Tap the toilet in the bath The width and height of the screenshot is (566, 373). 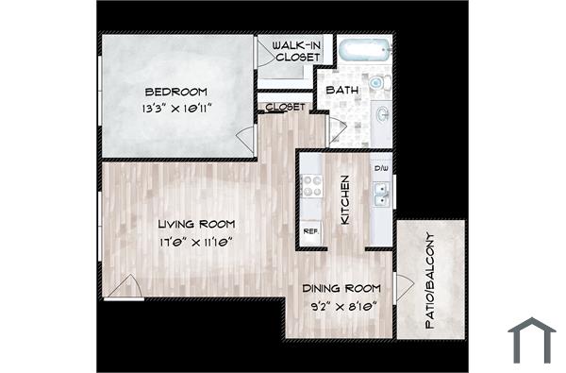point(379,83)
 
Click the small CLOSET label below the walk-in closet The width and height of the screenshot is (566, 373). point(284,107)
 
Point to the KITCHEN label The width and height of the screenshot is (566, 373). point(345,199)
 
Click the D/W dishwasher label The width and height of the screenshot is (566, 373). point(381,169)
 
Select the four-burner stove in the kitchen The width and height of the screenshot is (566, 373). point(311,186)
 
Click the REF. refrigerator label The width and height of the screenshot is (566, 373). point(310,231)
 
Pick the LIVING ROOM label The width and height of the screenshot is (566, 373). point(196,225)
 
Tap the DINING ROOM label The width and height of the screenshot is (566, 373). point(341,289)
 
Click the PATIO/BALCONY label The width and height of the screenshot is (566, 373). point(430,280)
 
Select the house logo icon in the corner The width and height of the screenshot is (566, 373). point(531,341)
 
